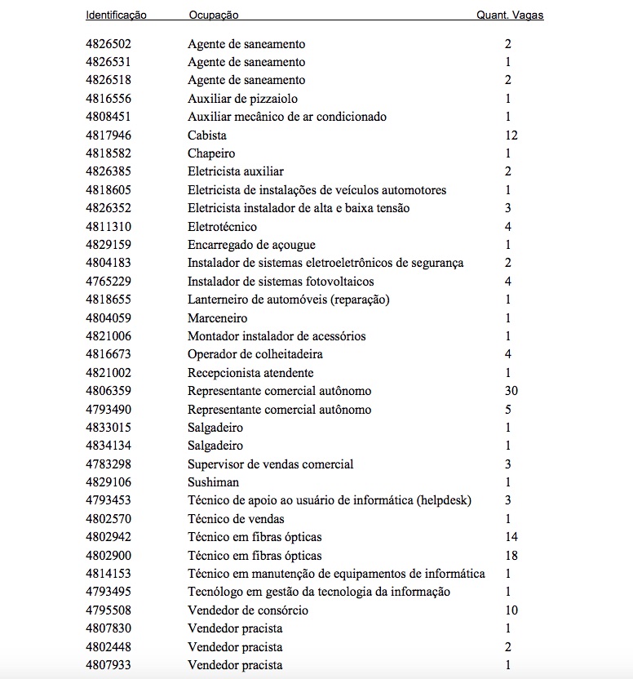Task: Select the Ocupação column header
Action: point(214,16)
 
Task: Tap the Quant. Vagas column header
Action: point(510,16)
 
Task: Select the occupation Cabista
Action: point(207,135)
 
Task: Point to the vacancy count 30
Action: point(511,391)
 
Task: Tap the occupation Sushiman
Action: point(214,482)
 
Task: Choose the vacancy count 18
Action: point(511,556)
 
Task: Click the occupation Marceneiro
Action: point(218,318)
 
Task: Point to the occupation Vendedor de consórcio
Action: point(248,610)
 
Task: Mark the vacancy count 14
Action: point(511,537)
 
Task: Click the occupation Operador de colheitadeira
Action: point(255,354)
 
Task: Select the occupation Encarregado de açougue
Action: point(251,245)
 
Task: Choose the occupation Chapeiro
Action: point(211,153)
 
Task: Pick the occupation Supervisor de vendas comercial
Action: point(271,464)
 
